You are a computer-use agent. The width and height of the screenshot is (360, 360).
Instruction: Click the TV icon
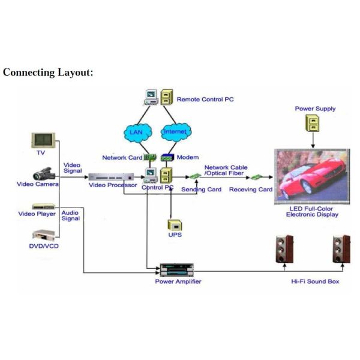[x=43, y=140]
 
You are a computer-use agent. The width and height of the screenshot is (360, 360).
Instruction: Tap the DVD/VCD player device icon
[x=43, y=235]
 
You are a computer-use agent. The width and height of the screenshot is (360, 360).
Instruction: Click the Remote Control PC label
[x=205, y=99]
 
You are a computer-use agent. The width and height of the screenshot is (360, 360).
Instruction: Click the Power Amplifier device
[x=178, y=268]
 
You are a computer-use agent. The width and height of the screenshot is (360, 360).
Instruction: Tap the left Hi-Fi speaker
[x=283, y=251]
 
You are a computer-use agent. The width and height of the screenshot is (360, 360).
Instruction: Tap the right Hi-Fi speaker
[x=341, y=251]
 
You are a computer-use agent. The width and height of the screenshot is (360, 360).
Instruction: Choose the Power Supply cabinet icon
[x=314, y=124]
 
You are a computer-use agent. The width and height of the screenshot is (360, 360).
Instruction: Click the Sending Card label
[x=201, y=189]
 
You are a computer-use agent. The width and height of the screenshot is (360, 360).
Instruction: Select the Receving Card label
[x=251, y=189]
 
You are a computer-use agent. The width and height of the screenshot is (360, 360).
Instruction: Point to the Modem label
[x=187, y=157]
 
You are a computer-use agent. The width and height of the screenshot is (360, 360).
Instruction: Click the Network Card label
[x=122, y=158]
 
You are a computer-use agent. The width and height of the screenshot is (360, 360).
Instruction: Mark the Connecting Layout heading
[x=47, y=73]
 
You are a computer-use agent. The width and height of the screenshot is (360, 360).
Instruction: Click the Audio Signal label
[x=70, y=215]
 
